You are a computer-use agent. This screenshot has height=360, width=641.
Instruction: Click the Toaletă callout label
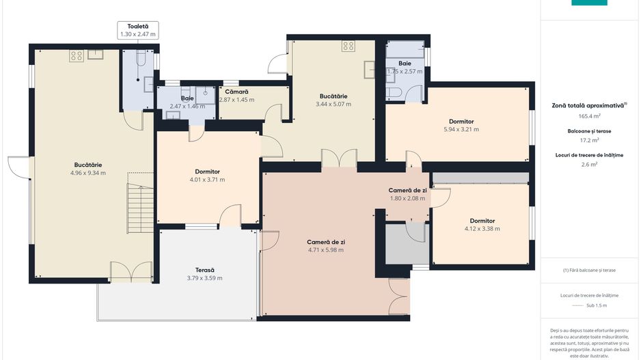138,27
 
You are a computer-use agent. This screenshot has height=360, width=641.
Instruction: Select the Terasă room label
205,270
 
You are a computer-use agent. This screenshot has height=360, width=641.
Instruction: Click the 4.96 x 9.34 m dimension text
88,173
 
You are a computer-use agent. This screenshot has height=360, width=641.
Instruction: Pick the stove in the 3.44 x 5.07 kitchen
349,45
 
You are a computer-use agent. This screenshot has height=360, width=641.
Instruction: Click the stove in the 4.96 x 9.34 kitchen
77,55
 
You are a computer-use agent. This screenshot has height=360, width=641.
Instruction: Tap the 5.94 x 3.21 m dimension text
461,129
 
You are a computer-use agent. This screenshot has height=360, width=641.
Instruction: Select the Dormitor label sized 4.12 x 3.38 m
482,221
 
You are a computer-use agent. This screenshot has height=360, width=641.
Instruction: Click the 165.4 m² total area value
589,116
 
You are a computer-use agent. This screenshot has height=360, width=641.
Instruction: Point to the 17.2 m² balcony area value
589,140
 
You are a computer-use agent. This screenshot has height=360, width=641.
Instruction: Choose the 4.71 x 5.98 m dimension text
326,250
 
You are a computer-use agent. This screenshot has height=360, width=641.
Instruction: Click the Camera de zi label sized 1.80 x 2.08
407,191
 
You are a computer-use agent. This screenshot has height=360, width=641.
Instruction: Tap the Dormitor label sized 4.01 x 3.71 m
207,171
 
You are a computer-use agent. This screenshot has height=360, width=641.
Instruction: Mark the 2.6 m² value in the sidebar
589,165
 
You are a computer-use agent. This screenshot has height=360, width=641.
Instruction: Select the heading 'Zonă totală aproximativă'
588,105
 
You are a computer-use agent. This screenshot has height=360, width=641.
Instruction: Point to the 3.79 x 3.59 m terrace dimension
205,278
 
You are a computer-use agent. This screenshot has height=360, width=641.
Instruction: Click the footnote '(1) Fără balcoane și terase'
589,270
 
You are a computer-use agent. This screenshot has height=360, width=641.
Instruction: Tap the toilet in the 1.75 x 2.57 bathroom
392,92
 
